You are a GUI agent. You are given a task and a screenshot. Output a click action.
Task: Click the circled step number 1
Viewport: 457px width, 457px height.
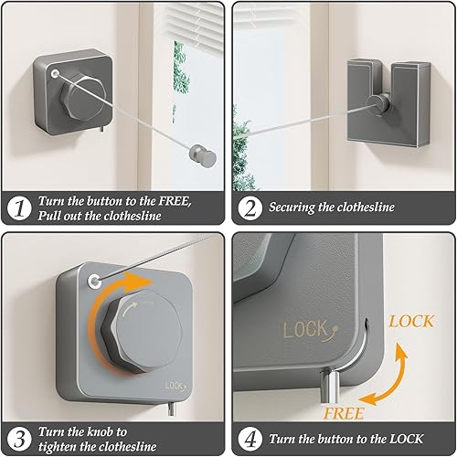coord(19,208)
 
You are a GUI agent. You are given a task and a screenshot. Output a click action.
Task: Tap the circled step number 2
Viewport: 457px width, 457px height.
coord(250,208)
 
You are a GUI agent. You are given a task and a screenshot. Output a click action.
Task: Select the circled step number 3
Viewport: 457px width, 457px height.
coord(19,439)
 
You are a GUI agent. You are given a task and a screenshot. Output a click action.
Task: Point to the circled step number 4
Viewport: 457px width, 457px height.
coord(250,439)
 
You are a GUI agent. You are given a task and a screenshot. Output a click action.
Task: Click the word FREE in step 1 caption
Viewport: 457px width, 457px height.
coord(175,201)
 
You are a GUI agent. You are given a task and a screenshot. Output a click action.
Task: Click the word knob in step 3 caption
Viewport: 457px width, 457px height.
coord(99,431)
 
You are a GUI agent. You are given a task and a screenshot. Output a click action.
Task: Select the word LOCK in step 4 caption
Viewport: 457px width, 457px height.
coord(407,439)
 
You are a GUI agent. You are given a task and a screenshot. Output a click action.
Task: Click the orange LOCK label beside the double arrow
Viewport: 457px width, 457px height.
coord(411,322)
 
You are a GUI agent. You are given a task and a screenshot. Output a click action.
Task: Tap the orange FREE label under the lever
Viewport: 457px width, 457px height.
coord(343,413)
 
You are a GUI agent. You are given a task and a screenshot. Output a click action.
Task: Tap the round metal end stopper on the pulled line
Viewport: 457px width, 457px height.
coord(204,154)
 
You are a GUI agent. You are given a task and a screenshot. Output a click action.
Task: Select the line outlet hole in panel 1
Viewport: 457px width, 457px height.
coord(55,73)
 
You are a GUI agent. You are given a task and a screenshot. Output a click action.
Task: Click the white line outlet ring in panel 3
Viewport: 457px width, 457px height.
coord(94,281)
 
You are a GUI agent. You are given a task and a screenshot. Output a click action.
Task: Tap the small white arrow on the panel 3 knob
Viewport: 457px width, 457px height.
coord(129,308)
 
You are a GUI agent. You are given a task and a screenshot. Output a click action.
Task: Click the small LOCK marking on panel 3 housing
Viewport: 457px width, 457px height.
coord(175,386)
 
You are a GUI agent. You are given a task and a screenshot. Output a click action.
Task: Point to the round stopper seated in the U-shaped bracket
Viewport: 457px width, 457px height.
coord(378,105)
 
